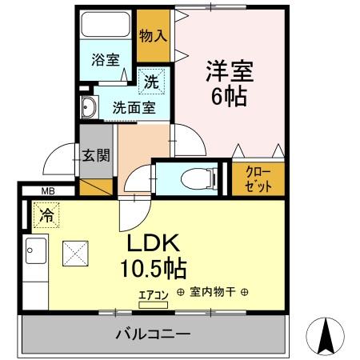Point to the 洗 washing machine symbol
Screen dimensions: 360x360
click(151, 81)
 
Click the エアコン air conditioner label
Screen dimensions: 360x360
click(154, 294)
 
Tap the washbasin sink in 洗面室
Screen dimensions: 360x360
click(89, 109)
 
